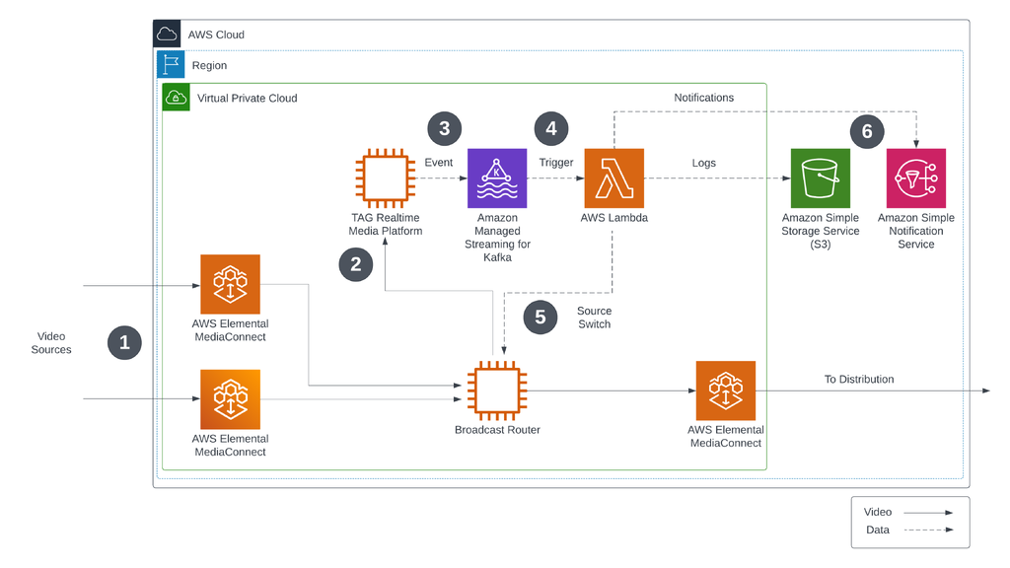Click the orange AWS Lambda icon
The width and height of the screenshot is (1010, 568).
point(613,178)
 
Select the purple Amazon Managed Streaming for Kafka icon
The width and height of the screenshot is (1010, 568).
point(497,178)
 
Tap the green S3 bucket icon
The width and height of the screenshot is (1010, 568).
point(820,178)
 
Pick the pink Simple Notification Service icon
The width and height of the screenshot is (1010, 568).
point(915,178)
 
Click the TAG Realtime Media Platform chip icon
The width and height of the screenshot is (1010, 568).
point(385,178)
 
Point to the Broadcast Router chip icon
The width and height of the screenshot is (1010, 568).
point(496,390)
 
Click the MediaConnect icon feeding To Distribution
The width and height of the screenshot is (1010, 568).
point(725,390)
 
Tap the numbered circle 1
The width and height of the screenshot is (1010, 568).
point(124,342)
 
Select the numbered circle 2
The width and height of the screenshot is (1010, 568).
point(356,263)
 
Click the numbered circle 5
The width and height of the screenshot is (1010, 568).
point(541,317)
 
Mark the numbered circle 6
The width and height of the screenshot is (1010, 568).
point(867,131)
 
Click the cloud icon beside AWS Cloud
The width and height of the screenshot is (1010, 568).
point(168,35)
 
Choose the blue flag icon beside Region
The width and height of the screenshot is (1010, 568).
point(172,65)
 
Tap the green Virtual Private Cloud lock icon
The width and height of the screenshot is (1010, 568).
point(177,98)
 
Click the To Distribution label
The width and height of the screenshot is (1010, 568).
point(858,379)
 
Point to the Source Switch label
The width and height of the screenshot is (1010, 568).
point(594,317)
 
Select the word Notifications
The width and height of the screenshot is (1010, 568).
point(703,98)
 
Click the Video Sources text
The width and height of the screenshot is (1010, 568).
point(51,342)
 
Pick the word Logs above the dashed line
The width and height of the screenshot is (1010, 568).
point(703,163)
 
